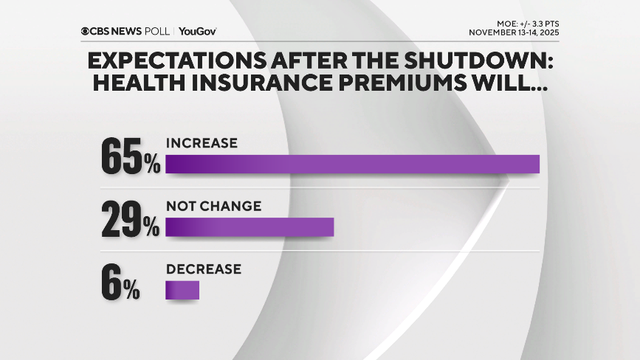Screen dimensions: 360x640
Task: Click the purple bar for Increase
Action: [352, 164]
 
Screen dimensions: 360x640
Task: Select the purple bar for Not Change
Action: [250, 227]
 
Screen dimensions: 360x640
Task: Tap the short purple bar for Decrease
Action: [182, 290]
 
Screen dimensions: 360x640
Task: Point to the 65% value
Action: [130, 155]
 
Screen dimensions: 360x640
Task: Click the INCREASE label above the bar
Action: [202, 143]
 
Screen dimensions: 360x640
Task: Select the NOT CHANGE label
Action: [213, 207]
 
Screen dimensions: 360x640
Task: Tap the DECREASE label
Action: [204, 269]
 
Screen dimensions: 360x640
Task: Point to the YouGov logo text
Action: [197, 31]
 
